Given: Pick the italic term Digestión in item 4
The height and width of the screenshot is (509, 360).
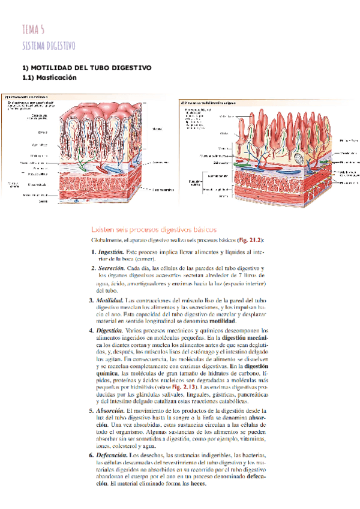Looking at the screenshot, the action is pos(110,331).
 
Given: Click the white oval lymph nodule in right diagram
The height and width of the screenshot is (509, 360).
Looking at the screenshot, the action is pos(301,158).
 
